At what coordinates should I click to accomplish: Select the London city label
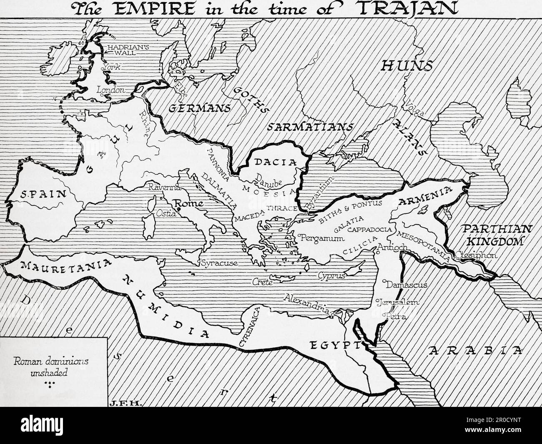[110, 90]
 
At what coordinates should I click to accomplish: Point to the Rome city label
[190, 204]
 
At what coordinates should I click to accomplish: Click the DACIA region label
[270, 162]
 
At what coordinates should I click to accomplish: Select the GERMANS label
[199, 108]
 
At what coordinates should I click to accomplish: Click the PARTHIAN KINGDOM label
[491, 235]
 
